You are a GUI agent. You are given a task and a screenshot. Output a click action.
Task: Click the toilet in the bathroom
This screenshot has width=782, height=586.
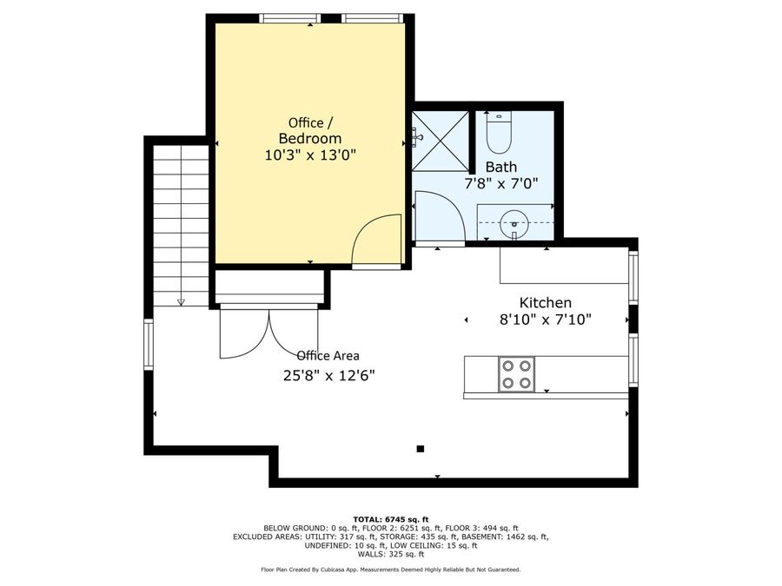pos(500,133)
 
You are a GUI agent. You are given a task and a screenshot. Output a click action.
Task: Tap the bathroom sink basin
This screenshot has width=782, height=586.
pos(514,224)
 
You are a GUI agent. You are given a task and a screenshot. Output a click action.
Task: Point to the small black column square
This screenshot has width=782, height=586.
pos(420,449)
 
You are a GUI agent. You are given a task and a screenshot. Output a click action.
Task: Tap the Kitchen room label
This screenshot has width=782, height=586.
pos(545,302)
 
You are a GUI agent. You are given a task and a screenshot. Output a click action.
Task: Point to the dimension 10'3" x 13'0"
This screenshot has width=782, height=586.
pos(310,155)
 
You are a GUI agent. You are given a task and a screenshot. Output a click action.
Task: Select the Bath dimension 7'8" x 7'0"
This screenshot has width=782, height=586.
pos(501,183)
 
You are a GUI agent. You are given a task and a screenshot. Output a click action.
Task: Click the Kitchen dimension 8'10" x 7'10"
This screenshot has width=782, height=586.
pos(545,319)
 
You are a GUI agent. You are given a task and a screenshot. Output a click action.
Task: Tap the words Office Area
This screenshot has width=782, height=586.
pos(328,355)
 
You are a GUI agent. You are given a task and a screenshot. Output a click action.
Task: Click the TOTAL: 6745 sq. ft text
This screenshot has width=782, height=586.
pos(390,518)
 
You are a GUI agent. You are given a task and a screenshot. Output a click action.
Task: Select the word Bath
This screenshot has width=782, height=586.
pos(501,167)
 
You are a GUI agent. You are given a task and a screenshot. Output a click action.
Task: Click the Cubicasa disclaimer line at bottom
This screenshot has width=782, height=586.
pos(390,570)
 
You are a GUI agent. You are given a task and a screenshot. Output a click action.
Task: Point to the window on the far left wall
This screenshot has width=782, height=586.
pos(149,339)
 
